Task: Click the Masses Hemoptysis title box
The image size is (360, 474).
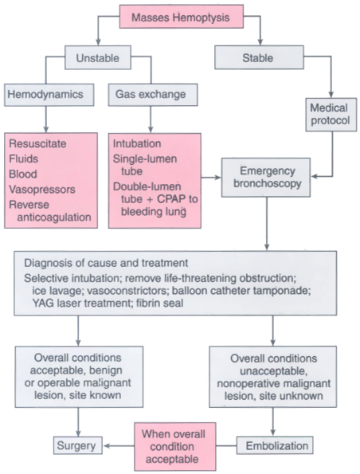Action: click(x=182, y=17)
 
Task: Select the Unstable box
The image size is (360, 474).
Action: click(x=98, y=57)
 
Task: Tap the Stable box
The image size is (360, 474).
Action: click(x=259, y=57)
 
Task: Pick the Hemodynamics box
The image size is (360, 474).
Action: click(x=49, y=95)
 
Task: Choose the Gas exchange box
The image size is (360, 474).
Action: click(x=153, y=95)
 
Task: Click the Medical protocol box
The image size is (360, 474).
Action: click(x=331, y=114)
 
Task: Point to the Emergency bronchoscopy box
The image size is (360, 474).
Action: click(x=266, y=178)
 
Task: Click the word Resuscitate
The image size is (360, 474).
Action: click(x=37, y=143)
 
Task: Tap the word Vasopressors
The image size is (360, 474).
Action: click(x=42, y=190)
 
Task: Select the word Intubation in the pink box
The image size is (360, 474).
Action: click(x=137, y=143)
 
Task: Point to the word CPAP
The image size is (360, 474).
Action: click(x=170, y=199)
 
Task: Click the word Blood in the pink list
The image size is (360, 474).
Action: click(x=23, y=174)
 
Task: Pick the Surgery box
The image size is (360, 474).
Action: click(x=78, y=445)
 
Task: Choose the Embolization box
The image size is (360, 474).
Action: click(x=275, y=445)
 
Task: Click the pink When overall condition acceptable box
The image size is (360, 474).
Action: click(x=175, y=446)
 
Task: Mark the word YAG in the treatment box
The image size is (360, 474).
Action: click(x=43, y=303)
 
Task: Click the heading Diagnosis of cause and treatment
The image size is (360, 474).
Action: click(x=106, y=263)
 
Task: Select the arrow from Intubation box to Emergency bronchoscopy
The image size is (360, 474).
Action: click(x=211, y=178)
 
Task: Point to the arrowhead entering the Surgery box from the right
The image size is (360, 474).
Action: click(x=107, y=445)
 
